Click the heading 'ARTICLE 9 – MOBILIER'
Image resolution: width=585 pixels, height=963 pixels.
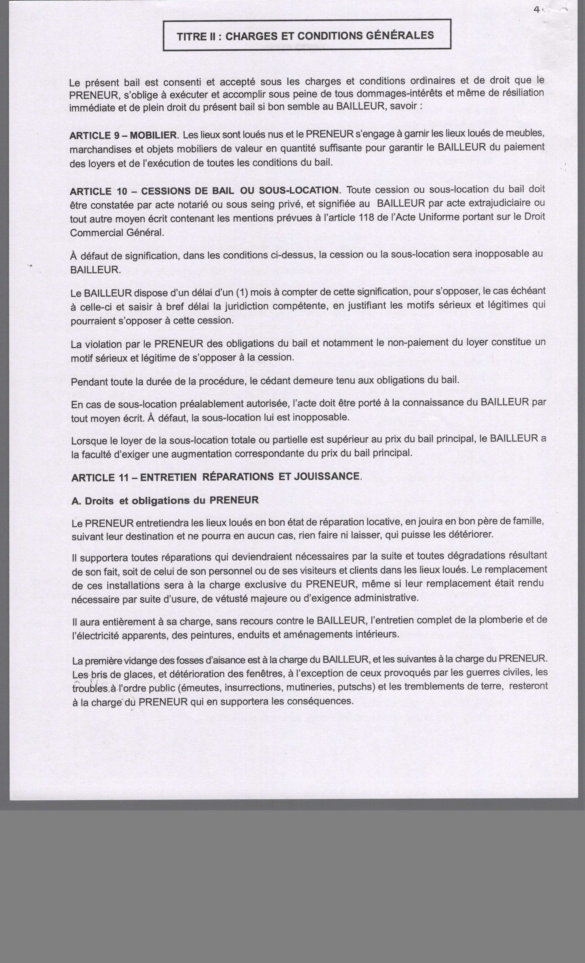pos(123,136)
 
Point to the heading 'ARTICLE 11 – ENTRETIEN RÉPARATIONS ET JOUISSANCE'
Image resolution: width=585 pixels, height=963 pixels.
pos(216,477)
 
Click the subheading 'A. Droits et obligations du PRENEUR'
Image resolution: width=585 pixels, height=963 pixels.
pos(165,501)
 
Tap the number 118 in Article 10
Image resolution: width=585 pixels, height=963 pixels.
pos(366,218)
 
